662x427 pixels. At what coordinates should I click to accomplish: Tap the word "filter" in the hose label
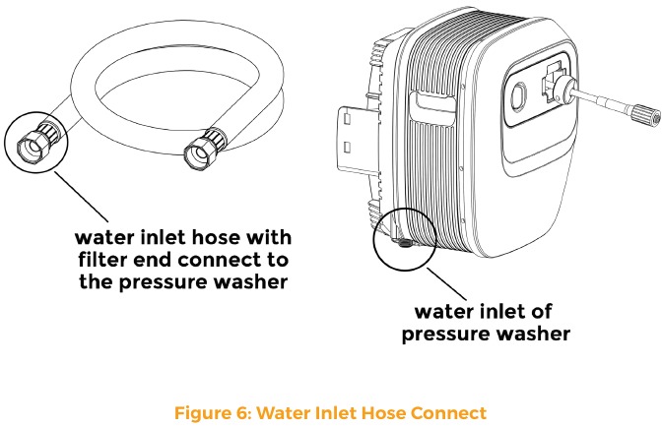pyautogui.click(x=102, y=259)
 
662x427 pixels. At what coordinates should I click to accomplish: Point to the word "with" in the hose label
pyautogui.click(x=269, y=237)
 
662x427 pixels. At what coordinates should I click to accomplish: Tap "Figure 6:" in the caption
pyautogui.click(x=213, y=412)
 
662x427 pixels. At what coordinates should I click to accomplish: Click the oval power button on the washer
pyautogui.click(x=518, y=96)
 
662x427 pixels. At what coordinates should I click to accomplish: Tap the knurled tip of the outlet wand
pyautogui.click(x=646, y=115)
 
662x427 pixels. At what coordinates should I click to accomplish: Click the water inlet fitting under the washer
pyautogui.click(x=404, y=243)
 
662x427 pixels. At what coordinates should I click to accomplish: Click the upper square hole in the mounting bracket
pyautogui.click(x=347, y=118)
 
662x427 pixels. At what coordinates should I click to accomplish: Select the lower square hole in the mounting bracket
pyautogui.click(x=347, y=148)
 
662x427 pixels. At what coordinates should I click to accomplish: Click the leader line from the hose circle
pyautogui.click(x=81, y=197)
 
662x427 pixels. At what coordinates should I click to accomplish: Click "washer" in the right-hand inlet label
pyautogui.click(x=533, y=334)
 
